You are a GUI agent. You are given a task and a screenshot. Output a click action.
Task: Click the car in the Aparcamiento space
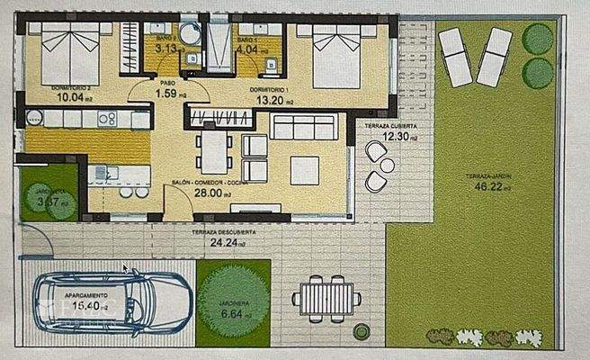[112, 302]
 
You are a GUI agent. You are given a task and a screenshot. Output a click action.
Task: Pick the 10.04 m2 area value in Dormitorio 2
[45, 98]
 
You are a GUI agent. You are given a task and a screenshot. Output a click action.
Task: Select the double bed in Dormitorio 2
[70, 52]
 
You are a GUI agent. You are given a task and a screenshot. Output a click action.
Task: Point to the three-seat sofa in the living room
[304, 129]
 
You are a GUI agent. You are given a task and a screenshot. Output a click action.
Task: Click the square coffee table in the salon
[304, 169]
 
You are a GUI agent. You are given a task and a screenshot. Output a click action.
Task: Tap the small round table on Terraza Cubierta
[387, 166]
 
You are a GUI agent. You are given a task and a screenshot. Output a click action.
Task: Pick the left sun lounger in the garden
[455, 57]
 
